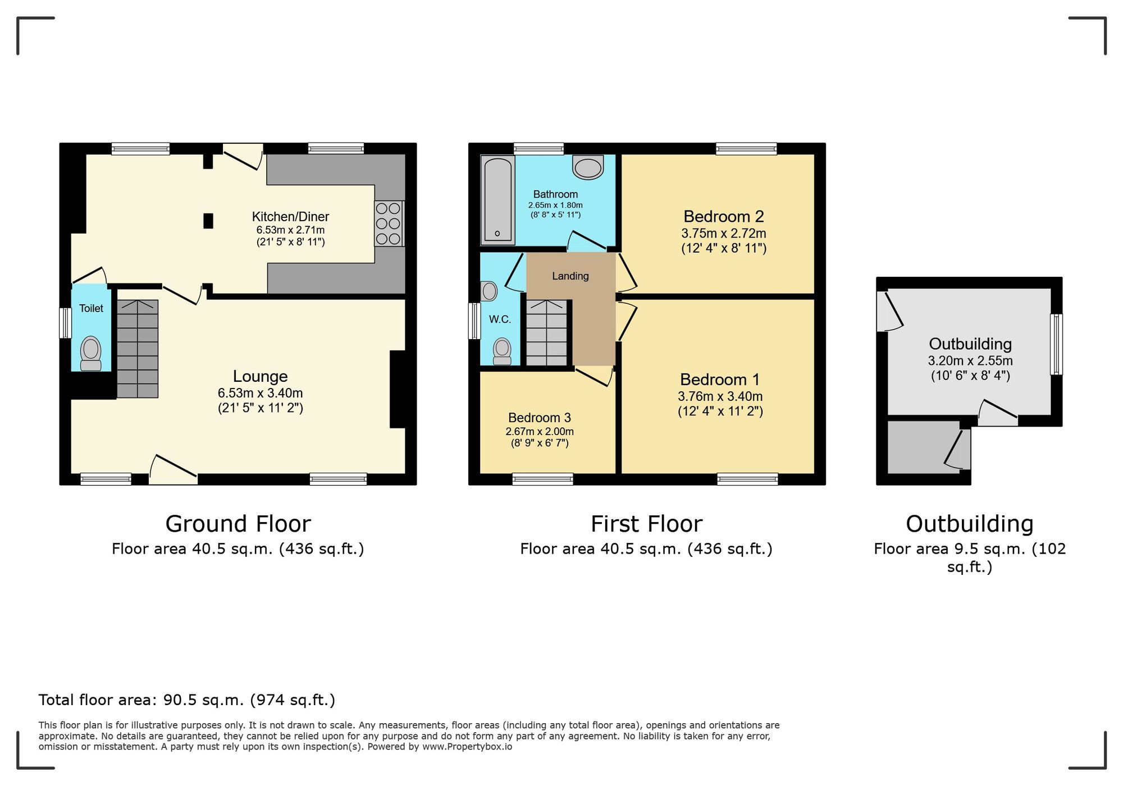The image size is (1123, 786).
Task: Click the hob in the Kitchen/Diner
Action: point(389,223)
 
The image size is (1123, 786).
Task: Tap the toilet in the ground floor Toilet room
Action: point(91,353)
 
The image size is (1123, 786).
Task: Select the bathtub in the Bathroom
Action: point(498,200)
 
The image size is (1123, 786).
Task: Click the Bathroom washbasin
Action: point(587,167)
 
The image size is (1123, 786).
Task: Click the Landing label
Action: point(570,276)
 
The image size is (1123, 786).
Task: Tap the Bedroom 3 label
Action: point(539,418)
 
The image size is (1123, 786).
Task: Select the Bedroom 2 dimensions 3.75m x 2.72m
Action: point(723,233)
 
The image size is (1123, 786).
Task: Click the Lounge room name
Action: point(260,376)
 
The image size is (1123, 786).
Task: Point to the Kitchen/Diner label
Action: point(290,217)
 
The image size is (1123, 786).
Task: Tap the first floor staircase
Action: point(547,333)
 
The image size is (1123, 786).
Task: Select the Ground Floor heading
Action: point(238,524)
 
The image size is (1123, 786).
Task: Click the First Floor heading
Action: point(646,524)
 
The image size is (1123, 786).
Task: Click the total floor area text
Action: point(186,700)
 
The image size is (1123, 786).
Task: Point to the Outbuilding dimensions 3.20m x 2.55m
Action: point(970,360)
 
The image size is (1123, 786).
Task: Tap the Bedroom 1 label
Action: point(720,380)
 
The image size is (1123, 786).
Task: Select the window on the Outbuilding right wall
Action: point(1056,344)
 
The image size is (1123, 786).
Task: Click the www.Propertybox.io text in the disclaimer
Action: point(467,747)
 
